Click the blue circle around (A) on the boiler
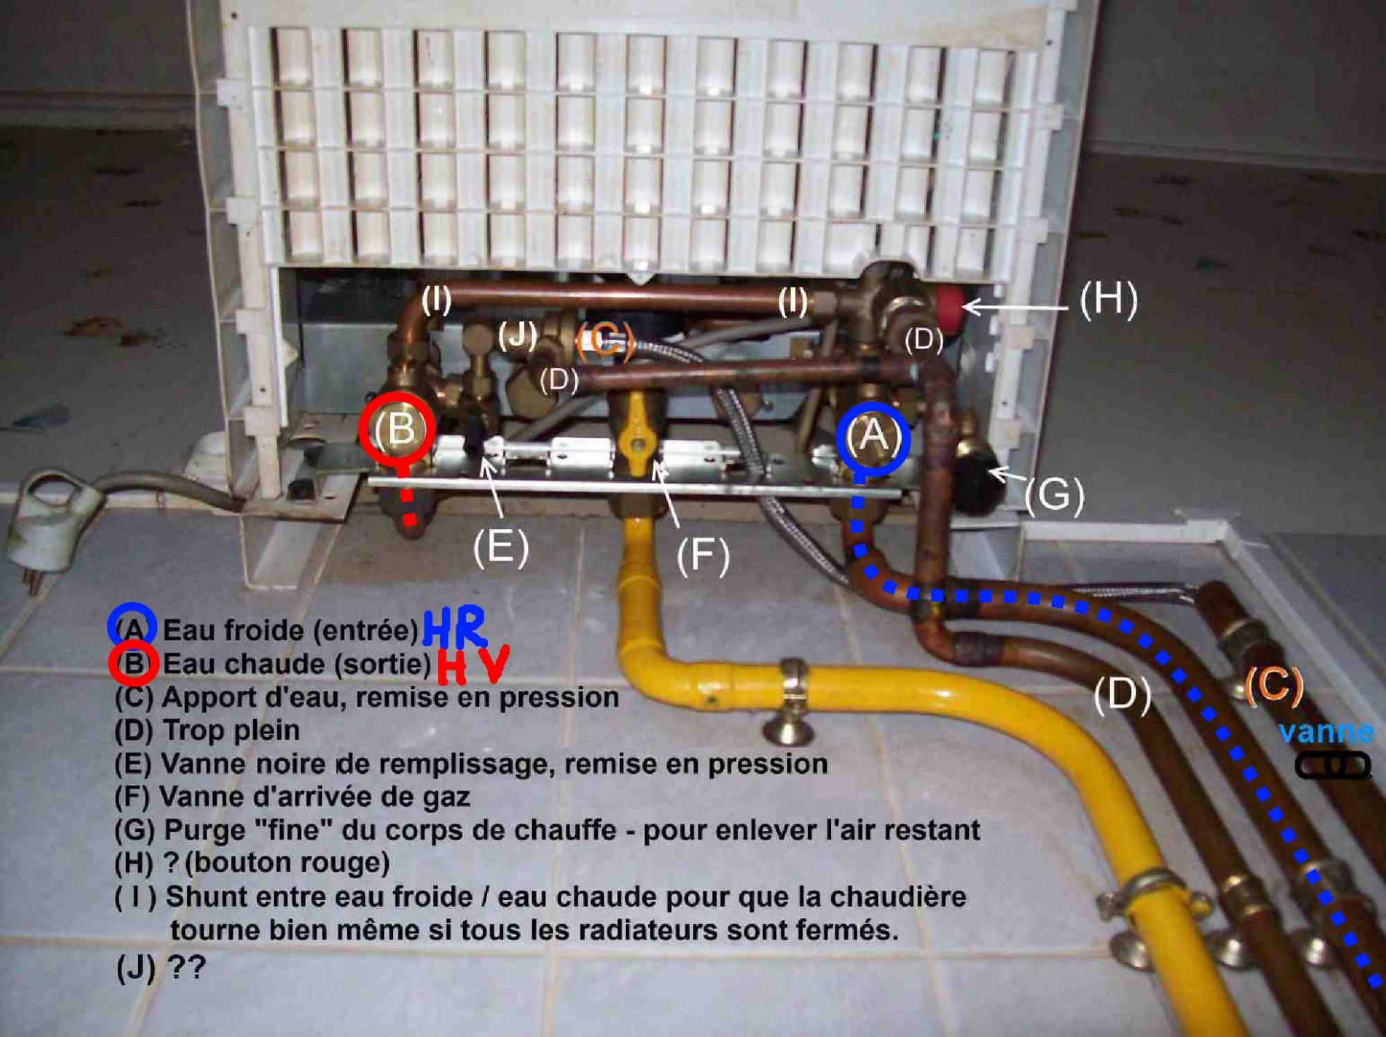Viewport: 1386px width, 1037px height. pyautogui.click(x=872, y=439)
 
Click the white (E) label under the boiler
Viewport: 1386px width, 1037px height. pyautogui.click(x=501, y=547)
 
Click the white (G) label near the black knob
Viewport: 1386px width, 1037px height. pyautogui.click(x=1054, y=496)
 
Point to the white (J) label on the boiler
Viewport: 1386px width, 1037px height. pyautogui.click(x=518, y=335)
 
